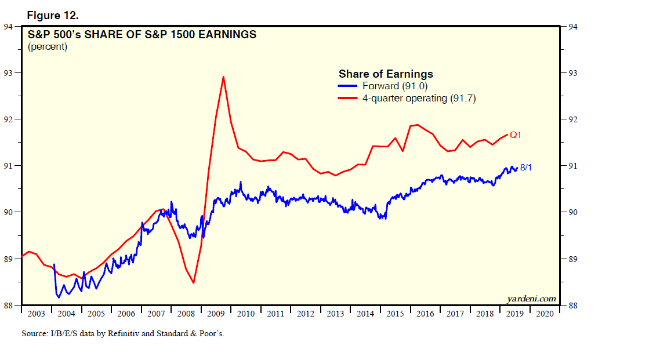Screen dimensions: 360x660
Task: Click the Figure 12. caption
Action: coord(53,14)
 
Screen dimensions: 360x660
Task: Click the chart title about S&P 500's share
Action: coord(142,34)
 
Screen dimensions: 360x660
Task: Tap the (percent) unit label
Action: coord(47,47)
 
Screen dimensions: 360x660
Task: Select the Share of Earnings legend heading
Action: coord(386,74)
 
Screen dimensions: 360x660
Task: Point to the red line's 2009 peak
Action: coord(223,77)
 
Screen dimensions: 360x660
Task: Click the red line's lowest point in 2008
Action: coord(193,282)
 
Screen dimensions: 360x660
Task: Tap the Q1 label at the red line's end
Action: coord(516,134)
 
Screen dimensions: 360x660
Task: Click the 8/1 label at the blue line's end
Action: coord(527,167)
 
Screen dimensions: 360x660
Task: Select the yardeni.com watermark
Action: coord(531,299)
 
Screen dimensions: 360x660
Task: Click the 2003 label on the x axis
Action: coord(36,314)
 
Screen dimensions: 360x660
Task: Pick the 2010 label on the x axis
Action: coord(246,314)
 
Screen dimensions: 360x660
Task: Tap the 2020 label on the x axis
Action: coord(545,314)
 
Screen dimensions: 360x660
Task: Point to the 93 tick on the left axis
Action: coord(10,73)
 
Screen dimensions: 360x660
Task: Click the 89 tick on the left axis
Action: coord(10,259)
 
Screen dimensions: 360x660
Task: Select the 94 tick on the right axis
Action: coord(571,26)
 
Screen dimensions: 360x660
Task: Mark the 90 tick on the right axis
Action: coord(571,212)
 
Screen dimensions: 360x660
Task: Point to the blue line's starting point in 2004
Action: coord(54,264)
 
